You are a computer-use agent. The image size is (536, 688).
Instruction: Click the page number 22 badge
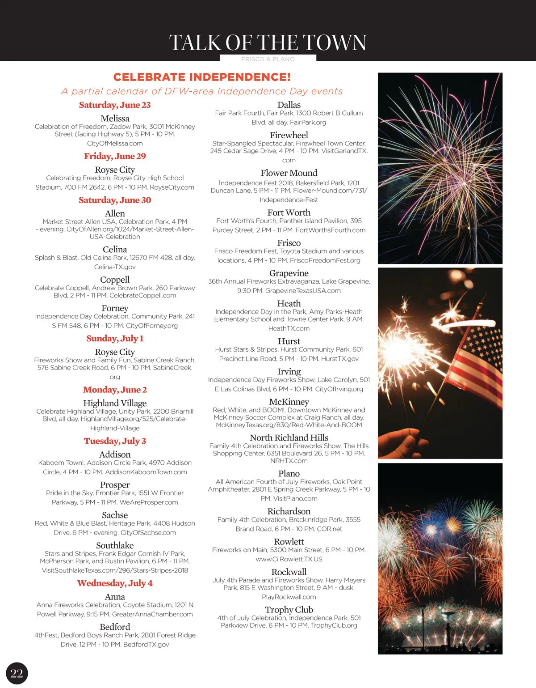[17, 673]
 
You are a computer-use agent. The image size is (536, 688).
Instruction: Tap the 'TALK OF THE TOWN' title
[268, 43]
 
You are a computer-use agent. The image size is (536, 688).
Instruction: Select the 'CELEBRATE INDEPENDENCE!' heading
[202, 77]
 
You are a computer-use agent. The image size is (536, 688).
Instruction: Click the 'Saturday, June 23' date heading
[115, 105]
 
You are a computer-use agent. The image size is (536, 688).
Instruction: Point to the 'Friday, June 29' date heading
[115, 156]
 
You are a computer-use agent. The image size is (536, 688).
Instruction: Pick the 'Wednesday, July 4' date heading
[115, 583]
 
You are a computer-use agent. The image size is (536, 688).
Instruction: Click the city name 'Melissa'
[115, 119]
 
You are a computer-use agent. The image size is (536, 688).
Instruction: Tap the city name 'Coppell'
[115, 280]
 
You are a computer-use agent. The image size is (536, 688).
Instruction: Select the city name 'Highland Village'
[115, 403]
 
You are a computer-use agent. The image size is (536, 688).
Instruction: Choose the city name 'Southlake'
[115, 545]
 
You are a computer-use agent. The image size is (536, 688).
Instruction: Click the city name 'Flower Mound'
[289, 173]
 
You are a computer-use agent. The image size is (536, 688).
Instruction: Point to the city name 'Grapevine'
[289, 273]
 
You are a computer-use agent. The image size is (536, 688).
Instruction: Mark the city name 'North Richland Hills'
[289, 437]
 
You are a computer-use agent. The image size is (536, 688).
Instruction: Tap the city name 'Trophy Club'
[289, 610]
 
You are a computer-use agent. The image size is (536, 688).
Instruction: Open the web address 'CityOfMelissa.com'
[115, 144]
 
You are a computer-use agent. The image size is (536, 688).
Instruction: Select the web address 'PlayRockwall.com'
[289, 597]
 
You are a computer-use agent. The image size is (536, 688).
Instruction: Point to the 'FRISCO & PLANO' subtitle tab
[268, 59]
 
